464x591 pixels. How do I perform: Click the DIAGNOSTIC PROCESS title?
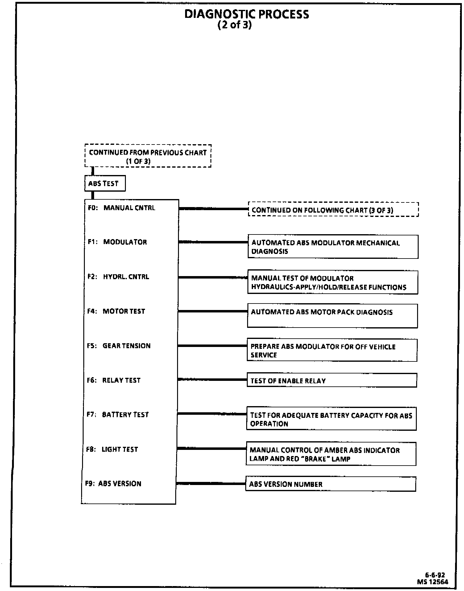246,14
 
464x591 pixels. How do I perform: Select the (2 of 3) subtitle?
235,25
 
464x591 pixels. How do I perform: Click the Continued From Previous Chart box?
148,156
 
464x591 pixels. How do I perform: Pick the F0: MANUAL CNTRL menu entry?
122,208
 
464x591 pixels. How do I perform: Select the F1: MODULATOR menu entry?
117,242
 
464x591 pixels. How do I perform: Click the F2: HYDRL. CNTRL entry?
118,277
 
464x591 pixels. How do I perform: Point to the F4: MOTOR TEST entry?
116,311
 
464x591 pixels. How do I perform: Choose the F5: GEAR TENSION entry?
119,346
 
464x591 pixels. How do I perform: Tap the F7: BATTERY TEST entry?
118,414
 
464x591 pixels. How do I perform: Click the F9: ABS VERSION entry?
113,483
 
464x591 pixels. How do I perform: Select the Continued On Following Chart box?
333,210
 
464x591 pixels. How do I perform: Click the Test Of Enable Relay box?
332,381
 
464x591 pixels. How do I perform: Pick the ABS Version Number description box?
330,484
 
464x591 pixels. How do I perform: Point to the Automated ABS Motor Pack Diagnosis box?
332,316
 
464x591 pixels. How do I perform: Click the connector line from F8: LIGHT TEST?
211,448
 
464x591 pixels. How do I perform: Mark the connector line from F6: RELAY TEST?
212,379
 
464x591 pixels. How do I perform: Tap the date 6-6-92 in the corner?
435,575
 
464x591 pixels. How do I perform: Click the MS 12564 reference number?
433,582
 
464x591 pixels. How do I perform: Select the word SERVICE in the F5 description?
264,355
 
